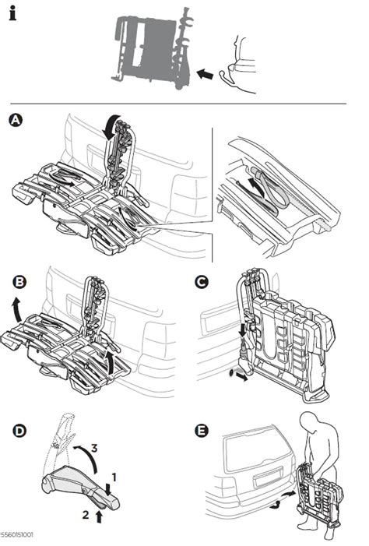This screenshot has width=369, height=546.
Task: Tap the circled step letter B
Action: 14,281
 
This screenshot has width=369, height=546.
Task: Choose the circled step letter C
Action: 202,281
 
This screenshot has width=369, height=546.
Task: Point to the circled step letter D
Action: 14,430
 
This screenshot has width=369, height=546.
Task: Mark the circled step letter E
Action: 202,430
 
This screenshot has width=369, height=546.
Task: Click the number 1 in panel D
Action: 114,474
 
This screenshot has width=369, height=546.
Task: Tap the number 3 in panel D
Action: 94,449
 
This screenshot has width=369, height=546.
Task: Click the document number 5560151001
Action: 16,536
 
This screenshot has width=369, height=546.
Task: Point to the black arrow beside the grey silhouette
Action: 205,74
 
